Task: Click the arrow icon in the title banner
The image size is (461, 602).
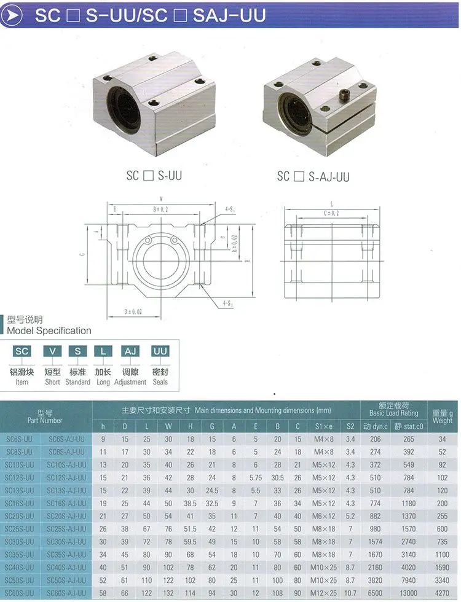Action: pos(13,15)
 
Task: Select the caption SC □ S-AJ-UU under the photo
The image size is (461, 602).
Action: pos(313,176)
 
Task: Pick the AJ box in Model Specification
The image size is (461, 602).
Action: pos(130,351)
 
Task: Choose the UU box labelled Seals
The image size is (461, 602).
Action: pos(160,351)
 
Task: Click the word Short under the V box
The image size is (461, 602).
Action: pos(52,382)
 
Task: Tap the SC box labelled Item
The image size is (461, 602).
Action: pos(22,351)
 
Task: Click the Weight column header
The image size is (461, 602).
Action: pos(442,416)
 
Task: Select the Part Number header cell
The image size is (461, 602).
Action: pos(45,416)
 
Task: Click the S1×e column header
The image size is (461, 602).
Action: pos(323,426)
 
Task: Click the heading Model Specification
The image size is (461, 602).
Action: pos(49,330)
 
